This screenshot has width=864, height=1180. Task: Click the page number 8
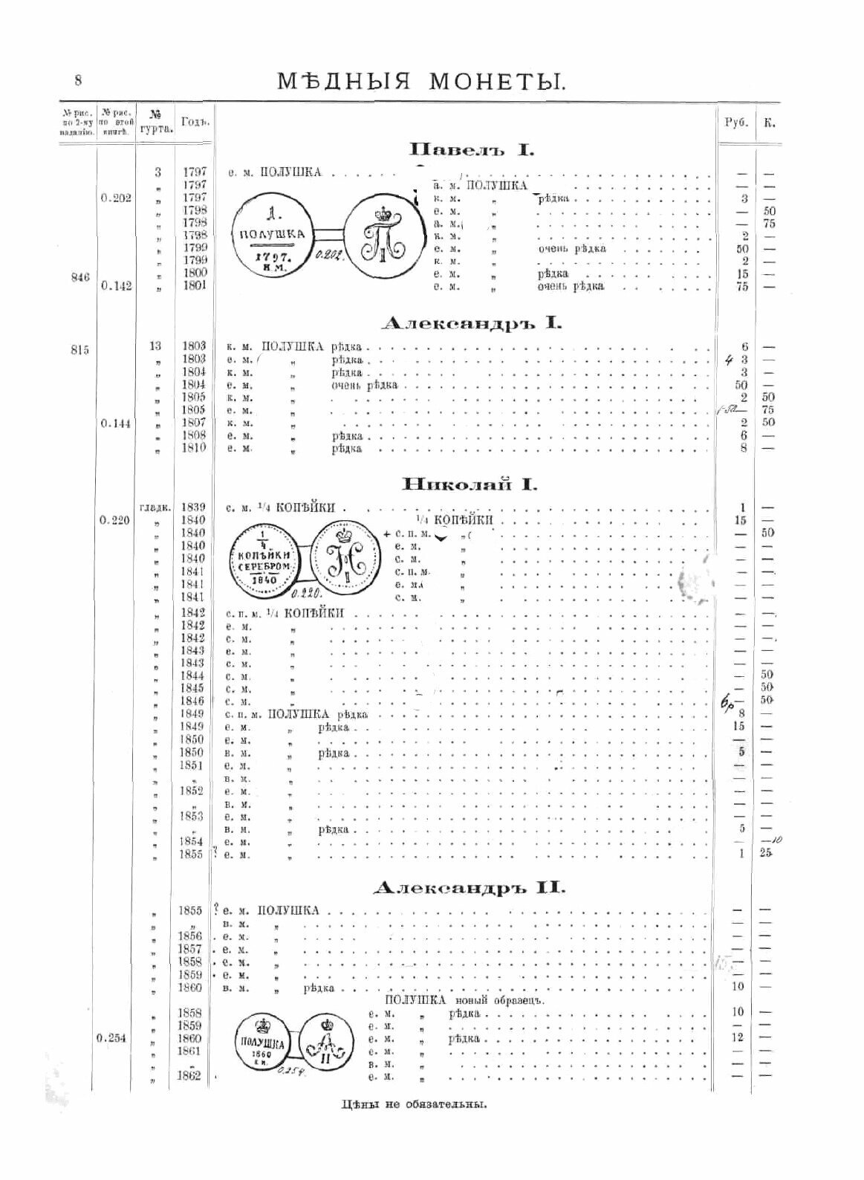[77, 80]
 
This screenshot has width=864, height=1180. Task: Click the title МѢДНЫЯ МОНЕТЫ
[421, 80]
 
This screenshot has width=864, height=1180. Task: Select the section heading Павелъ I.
[467, 149]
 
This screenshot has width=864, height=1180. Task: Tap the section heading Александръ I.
[471, 324]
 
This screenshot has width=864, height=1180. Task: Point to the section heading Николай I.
[470, 485]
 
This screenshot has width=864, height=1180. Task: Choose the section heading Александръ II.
[469, 887]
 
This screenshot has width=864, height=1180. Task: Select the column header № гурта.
[156, 121]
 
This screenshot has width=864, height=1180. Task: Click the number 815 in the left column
[80, 350]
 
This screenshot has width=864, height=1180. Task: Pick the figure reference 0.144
[116, 422]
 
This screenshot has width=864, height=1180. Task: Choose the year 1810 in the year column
[193, 448]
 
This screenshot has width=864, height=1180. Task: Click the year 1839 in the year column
[193, 507]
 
